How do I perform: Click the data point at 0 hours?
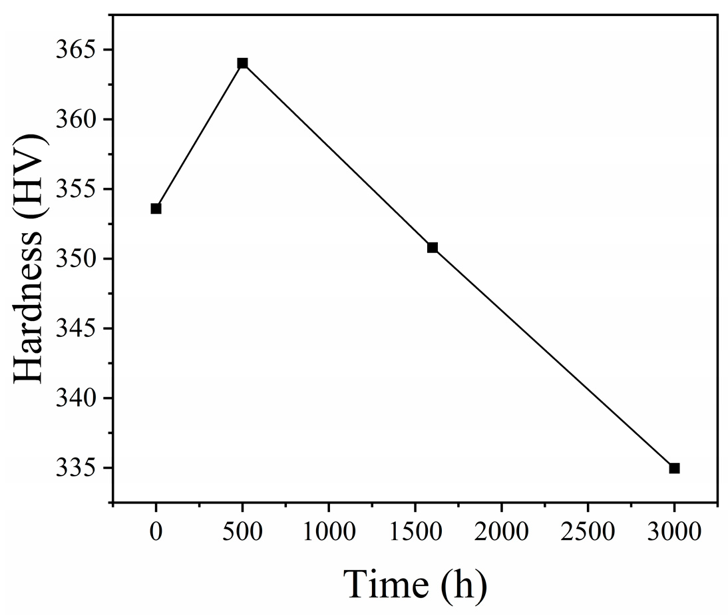click(156, 208)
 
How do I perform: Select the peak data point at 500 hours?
click(242, 63)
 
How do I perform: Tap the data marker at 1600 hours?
click(433, 248)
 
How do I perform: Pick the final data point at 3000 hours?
click(674, 468)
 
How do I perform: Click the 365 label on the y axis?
click(81, 51)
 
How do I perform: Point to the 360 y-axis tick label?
click(81, 120)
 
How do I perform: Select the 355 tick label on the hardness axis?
click(81, 190)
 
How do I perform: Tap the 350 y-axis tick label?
click(81, 259)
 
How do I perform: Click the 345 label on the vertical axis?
click(81, 329)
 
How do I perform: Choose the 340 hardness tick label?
click(81, 399)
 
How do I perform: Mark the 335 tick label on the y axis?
click(81, 468)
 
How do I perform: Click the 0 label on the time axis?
click(156, 532)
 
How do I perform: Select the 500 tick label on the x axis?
click(242, 532)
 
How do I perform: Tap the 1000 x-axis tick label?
click(329, 532)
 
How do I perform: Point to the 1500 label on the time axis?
click(415, 532)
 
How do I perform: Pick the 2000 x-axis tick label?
click(501, 532)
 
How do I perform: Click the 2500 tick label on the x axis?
click(588, 532)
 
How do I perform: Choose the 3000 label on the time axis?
click(674, 532)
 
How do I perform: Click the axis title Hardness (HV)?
click(30, 258)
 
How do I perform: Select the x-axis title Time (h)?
click(415, 585)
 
